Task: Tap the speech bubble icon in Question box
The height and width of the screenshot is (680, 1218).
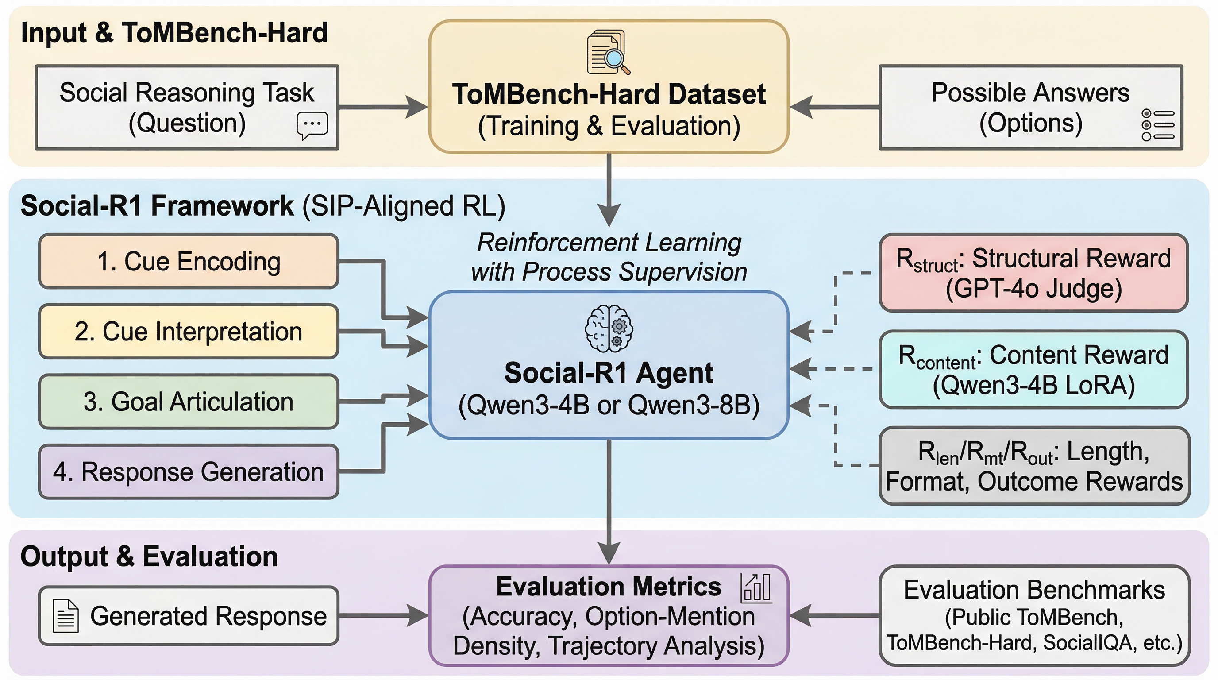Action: coord(312,125)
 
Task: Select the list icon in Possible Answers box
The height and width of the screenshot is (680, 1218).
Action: coord(1157,125)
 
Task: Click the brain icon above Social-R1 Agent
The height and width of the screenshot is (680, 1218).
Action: coord(609,328)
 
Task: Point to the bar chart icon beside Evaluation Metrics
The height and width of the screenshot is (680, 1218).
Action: coord(756,588)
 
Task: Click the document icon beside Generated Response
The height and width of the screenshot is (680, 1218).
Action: coord(65,616)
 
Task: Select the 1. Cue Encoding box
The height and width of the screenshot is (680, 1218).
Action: coord(189,261)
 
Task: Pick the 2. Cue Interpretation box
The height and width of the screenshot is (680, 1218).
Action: coord(189,331)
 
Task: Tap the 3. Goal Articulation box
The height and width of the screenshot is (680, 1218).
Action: coord(189,402)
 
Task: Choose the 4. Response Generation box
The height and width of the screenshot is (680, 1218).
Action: coord(189,471)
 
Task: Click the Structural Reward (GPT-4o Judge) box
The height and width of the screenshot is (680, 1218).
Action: coord(1033,273)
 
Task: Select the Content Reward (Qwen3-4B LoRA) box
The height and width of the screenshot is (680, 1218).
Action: coord(1033,369)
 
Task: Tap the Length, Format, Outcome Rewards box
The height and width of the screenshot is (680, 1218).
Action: coord(1033,466)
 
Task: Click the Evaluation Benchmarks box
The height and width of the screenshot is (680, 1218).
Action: coord(1033,615)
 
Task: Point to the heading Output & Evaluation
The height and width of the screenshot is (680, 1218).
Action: coord(149,556)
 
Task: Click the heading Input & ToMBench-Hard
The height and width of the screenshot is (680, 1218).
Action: coord(174,33)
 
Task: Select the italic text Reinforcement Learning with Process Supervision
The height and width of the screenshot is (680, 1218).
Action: coord(609,257)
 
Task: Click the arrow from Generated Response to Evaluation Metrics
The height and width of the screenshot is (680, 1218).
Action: coord(383,616)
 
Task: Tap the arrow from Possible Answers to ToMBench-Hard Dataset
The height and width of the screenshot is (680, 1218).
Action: coord(835,107)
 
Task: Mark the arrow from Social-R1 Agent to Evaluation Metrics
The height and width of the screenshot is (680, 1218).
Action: coord(609,501)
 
